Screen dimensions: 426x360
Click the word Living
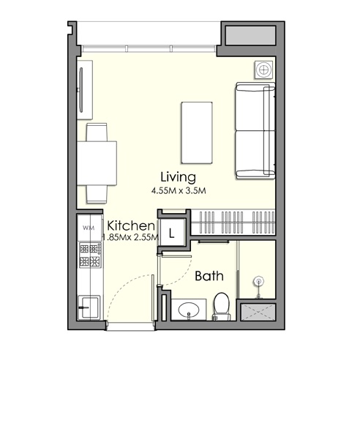[179, 177]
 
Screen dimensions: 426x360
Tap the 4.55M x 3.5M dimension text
[179, 191]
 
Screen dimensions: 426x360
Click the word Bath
[209, 277]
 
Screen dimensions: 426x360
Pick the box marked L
[171, 234]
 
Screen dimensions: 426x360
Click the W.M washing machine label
[89, 229]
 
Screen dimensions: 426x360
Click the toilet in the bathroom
[222, 304]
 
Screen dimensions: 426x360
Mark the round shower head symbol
[257, 281]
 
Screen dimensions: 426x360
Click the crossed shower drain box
[257, 310]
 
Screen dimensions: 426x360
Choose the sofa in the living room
[254, 131]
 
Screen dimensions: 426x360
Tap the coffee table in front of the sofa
[198, 132]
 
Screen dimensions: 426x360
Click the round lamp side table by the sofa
[263, 70]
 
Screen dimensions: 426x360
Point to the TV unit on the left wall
[85, 89]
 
